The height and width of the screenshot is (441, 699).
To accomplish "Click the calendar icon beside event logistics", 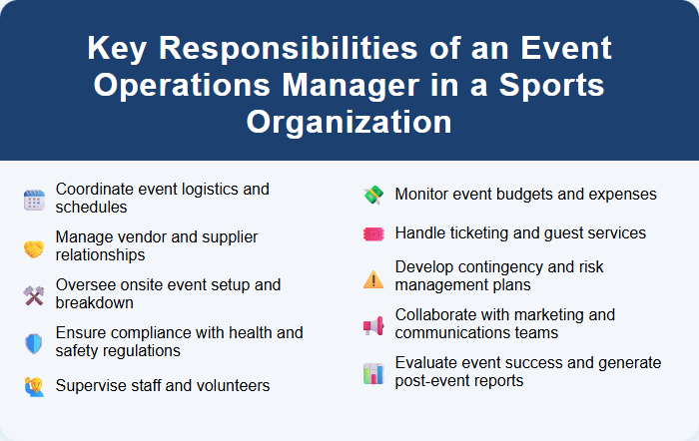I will click(x=34, y=200).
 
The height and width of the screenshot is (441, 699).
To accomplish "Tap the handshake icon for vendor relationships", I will click(x=34, y=247).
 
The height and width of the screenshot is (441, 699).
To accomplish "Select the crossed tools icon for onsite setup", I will click(x=34, y=295).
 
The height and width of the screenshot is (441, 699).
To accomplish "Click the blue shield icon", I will click(x=34, y=343).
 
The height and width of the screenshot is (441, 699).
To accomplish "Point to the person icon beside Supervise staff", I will click(x=34, y=385).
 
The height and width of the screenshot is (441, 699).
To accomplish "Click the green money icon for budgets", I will click(x=372, y=196).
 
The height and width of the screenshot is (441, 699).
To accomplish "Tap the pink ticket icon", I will click(x=372, y=233).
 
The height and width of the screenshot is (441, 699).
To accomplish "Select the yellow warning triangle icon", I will click(x=372, y=278).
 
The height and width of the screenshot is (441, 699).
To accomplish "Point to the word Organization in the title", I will click(x=349, y=122).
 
